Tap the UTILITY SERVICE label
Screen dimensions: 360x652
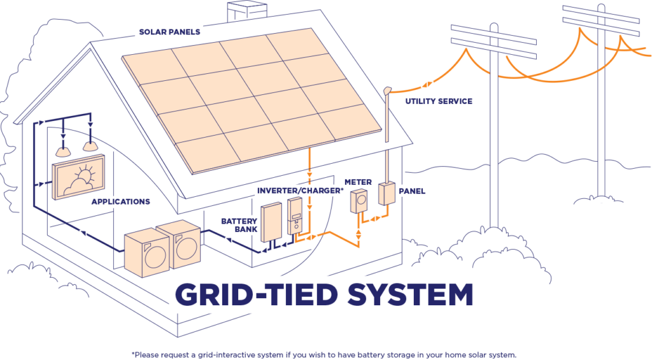coord(439,101)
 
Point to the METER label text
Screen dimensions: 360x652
coord(358,182)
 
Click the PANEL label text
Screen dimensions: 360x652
coord(412,191)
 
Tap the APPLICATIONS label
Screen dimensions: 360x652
coord(120,202)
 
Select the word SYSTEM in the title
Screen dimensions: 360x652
coord(404,294)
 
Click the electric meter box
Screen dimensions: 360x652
coord(359,201)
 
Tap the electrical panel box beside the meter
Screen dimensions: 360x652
coord(386,194)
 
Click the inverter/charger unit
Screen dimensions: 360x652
coord(295,216)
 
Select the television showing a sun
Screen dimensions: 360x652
coord(80,180)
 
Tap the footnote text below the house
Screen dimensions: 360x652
coord(323,354)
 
